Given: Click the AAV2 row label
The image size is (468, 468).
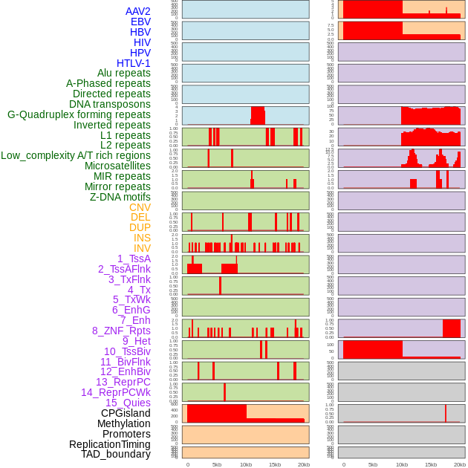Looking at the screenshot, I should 138,11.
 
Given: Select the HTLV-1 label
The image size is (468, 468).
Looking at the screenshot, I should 134,63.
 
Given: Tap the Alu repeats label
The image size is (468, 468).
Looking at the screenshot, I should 124,73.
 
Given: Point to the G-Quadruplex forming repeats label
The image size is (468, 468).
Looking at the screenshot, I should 79,114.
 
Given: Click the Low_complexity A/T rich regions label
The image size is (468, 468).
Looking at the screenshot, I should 76,155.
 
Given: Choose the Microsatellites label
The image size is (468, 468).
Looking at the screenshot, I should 117,166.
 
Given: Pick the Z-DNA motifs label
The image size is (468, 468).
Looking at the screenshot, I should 120,197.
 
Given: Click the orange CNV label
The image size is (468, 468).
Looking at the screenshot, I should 140,207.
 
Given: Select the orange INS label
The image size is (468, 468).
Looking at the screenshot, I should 142,238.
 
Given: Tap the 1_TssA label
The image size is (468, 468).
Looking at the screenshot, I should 134,259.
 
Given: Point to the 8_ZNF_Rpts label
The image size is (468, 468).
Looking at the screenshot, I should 121,331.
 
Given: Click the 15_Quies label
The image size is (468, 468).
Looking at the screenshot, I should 128,403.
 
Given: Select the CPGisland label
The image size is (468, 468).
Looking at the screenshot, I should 126,413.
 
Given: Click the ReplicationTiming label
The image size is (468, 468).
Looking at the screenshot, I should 110,444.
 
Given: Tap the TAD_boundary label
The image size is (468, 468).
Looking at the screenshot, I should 116,454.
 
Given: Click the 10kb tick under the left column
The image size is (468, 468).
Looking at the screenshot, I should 246,464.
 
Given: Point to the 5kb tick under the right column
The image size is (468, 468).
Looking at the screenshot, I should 373,464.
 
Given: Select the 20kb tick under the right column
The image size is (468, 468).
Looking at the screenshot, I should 460,464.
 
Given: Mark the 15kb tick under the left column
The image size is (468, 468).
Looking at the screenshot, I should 275,464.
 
